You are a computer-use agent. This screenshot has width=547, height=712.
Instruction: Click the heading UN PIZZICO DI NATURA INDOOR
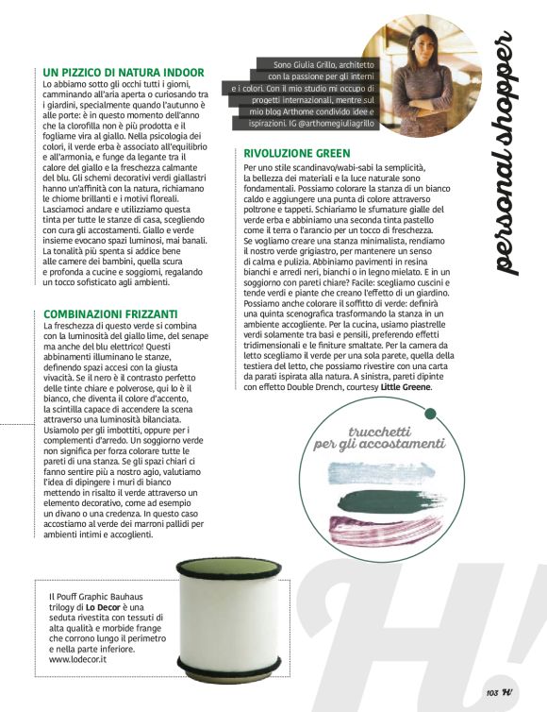[124, 72]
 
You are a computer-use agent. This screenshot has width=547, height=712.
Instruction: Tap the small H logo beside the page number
[508, 692]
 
